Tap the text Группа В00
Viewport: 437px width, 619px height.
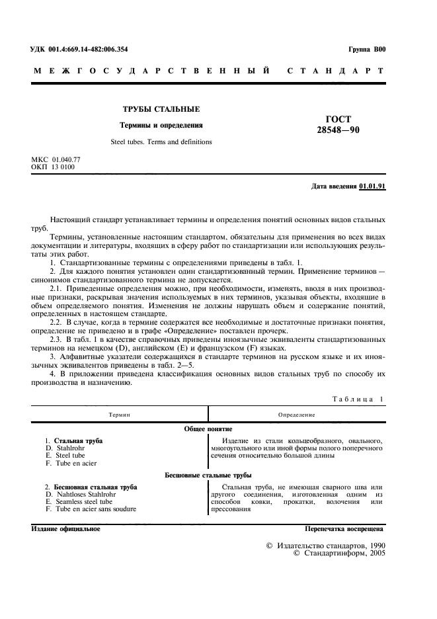[x=366, y=50]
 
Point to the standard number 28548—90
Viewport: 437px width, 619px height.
[x=338, y=130]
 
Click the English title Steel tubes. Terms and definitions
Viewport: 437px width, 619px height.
[x=161, y=142]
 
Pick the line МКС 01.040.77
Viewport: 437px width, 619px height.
[x=56, y=160]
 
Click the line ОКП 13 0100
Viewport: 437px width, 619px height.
[x=54, y=167]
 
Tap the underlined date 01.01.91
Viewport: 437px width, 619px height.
[x=372, y=186]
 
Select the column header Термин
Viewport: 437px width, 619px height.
[x=120, y=414]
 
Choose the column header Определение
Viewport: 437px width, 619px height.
[x=296, y=414]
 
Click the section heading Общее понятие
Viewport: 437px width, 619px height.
[x=208, y=429]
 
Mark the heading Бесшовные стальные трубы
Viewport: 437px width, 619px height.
[x=208, y=475]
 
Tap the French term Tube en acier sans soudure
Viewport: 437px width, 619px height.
[x=91, y=509]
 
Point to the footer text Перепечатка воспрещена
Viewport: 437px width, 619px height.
[x=344, y=530]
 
